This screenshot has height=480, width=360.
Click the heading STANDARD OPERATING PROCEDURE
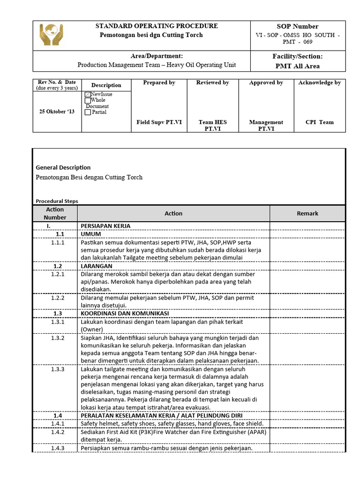click(x=157, y=26)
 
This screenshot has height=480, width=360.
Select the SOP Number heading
click(x=298, y=27)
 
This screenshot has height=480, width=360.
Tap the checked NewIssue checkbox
click(x=88, y=94)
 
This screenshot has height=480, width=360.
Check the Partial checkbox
click(x=88, y=112)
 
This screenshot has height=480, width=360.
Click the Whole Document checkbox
click(x=88, y=100)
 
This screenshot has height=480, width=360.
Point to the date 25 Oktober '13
click(x=57, y=112)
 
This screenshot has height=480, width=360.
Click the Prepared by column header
click(x=159, y=83)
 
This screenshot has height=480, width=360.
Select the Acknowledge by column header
click(x=319, y=83)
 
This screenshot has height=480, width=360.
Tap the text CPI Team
click(x=319, y=122)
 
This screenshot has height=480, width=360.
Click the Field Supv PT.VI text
click(x=159, y=122)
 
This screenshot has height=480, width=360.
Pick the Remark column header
click(x=307, y=214)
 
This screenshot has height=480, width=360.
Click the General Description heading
click(x=63, y=168)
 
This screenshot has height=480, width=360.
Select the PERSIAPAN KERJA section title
click(x=105, y=226)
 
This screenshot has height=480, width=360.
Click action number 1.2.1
click(x=58, y=274)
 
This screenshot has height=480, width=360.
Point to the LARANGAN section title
click(x=97, y=266)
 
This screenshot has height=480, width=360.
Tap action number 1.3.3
click(x=58, y=369)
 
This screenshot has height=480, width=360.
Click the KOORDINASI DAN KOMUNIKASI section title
click(x=125, y=314)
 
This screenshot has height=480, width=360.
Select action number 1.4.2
click(x=58, y=433)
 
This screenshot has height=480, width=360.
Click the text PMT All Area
click(x=298, y=66)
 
